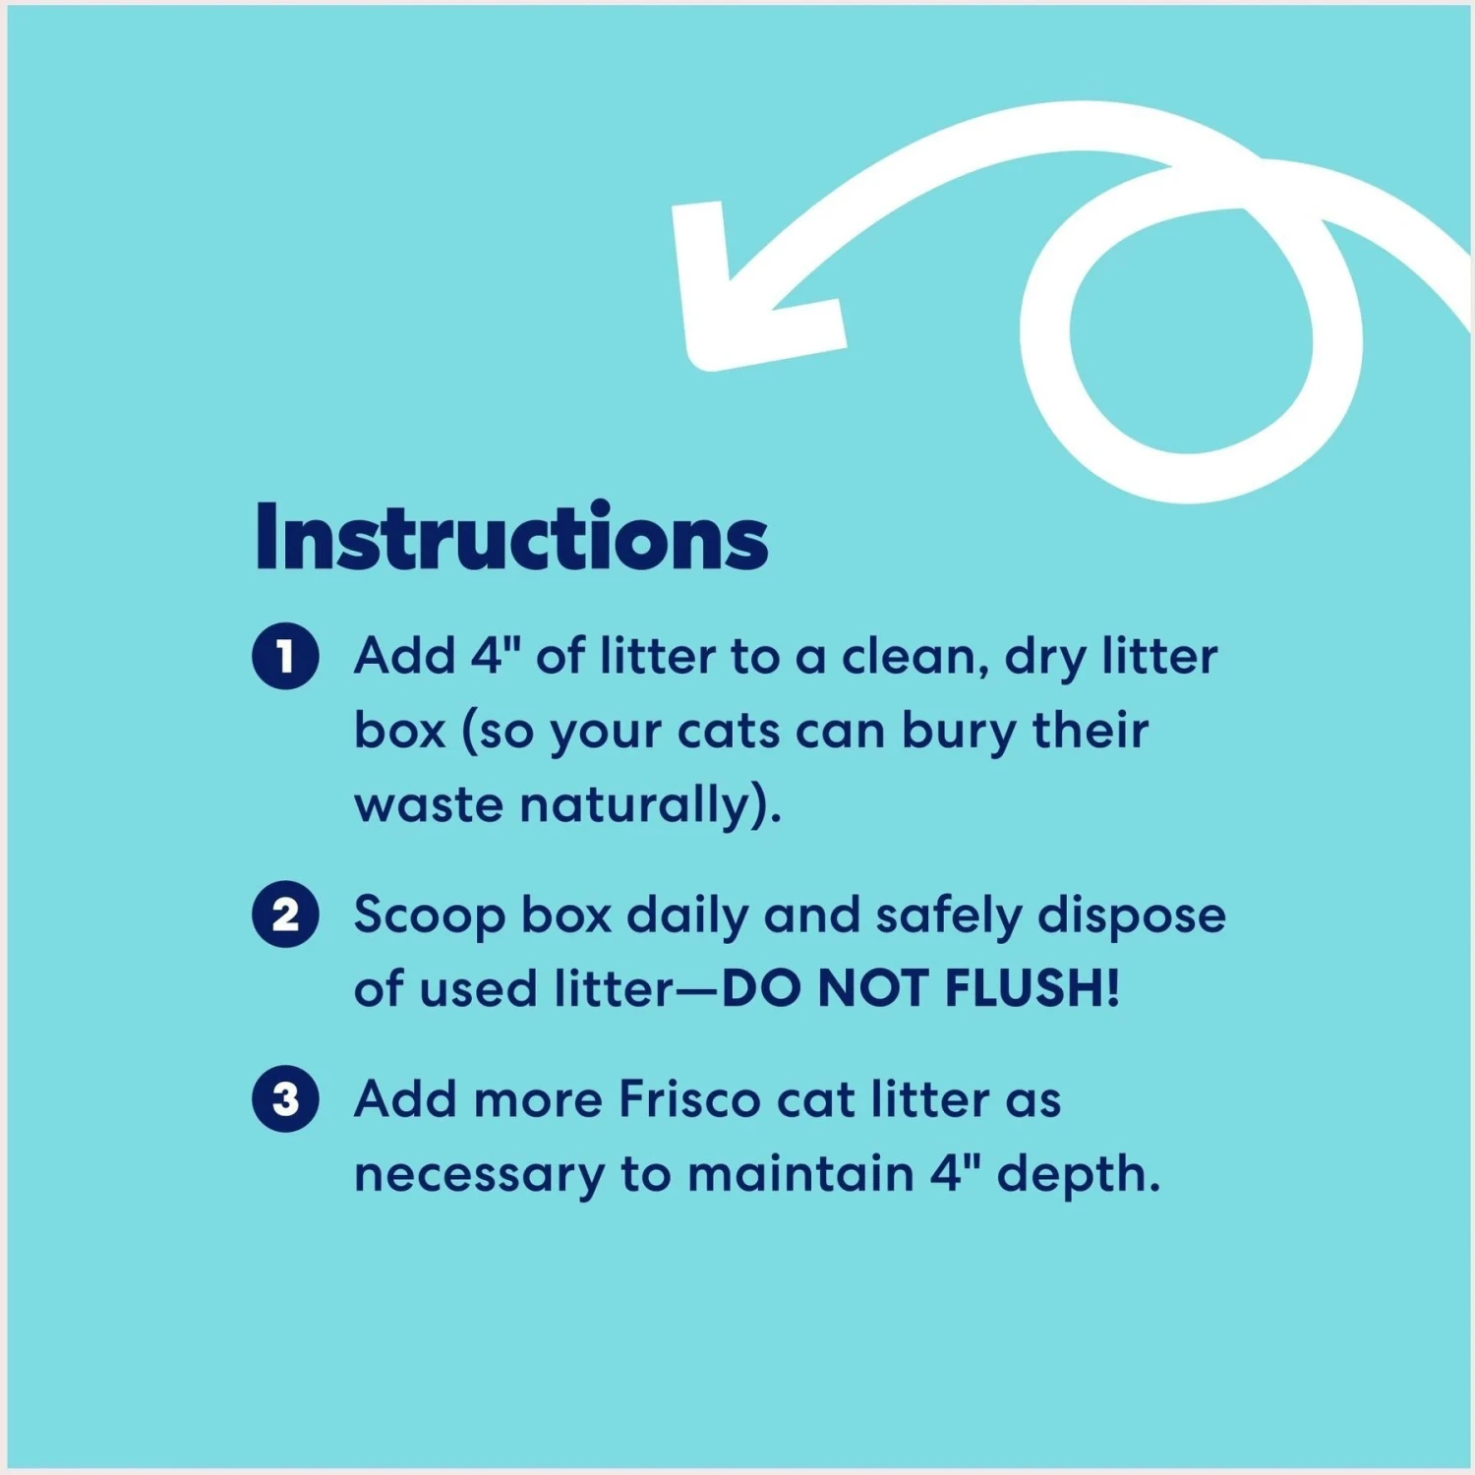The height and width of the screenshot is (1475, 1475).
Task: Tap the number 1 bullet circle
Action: pyautogui.click(x=285, y=656)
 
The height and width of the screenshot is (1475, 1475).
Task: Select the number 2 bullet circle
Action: pyautogui.click(x=285, y=914)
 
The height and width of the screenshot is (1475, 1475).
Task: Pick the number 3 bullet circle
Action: pyautogui.click(x=285, y=1099)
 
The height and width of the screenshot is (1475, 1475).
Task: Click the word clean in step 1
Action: pyautogui.click(x=914, y=656)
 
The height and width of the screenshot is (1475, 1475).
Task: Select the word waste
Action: pyautogui.click(x=429, y=805)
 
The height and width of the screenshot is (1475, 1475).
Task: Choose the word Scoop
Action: pyautogui.click(x=430, y=916)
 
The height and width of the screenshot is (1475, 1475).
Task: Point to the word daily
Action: pyautogui.click(x=687, y=916)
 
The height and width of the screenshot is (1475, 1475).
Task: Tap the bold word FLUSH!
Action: pyautogui.click(x=1032, y=988)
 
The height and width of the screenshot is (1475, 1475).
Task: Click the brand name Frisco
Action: pyautogui.click(x=689, y=1099)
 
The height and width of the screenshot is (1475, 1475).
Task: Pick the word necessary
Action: pyautogui.click(x=479, y=1175)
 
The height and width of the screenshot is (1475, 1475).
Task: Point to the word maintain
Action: pyautogui.click(x=800, y=1174)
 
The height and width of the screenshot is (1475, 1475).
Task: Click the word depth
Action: pyautogui.click(x=1078, y=1175)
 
